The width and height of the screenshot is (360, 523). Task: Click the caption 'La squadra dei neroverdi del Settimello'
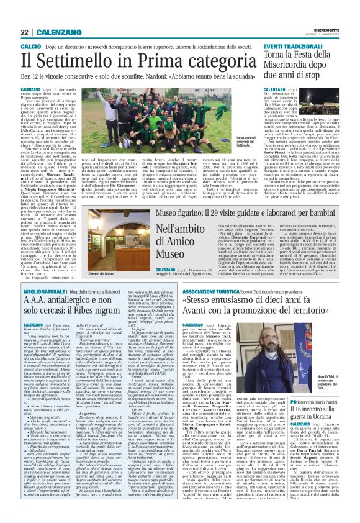pos(245,142)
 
